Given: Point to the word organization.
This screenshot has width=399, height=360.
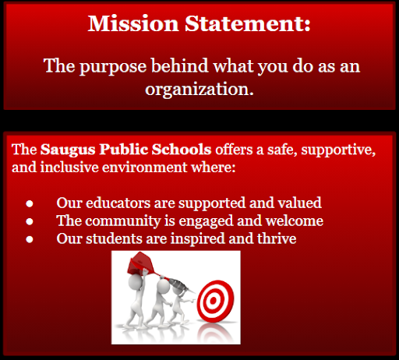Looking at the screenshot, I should [199, 89].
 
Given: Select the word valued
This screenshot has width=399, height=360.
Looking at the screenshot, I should [297, 203].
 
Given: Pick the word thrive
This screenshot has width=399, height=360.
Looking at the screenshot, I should [276, 238].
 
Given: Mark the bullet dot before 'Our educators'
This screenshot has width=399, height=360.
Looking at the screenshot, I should [29, 203].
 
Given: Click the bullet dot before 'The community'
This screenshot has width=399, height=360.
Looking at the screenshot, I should [29, 221].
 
